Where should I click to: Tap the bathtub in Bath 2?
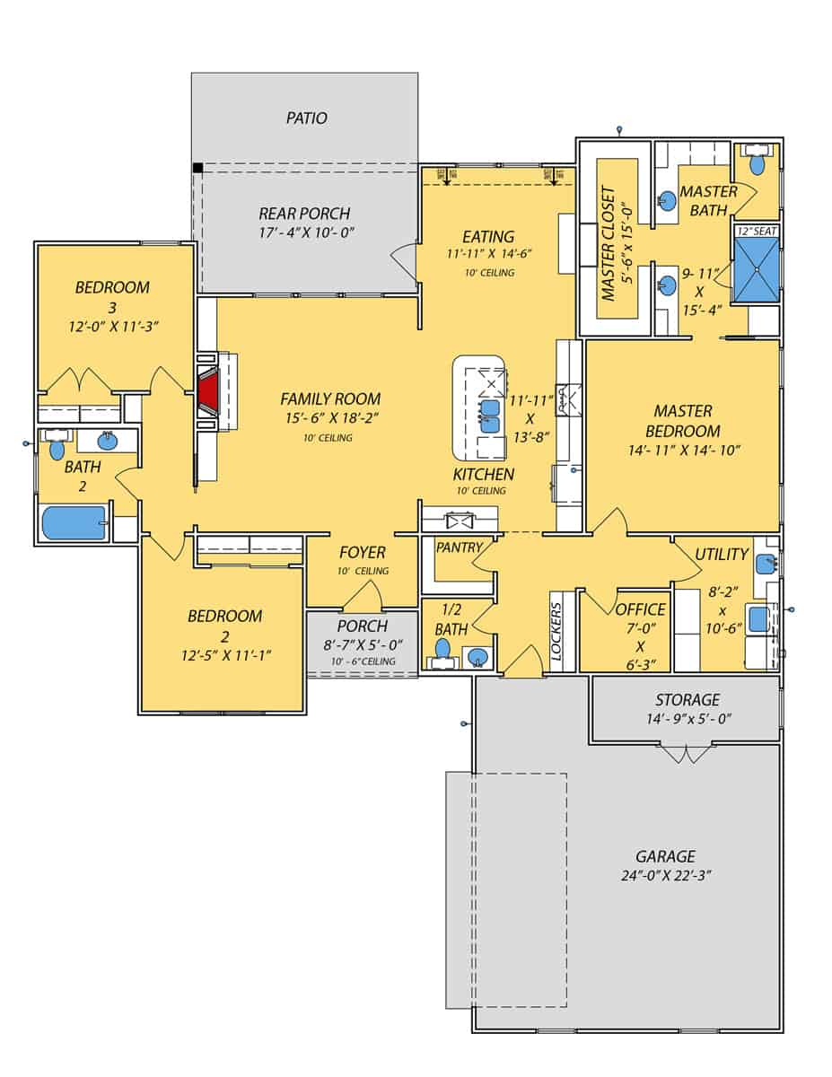(74, 522)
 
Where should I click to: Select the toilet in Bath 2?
(58, 447)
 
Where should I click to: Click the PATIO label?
(306, 118)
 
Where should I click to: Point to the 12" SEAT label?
(757, 231)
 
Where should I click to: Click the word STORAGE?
(687, 699)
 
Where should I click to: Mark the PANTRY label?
(459, 547)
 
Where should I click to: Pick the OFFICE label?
(641, 609)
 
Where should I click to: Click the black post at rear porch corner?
(197, 167)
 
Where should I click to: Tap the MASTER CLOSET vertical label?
(609, 244)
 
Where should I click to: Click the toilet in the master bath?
(757, 163)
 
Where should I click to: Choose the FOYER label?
(362, 552)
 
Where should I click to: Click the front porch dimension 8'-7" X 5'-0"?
(362, 644)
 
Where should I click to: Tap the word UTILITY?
(722, 554)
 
